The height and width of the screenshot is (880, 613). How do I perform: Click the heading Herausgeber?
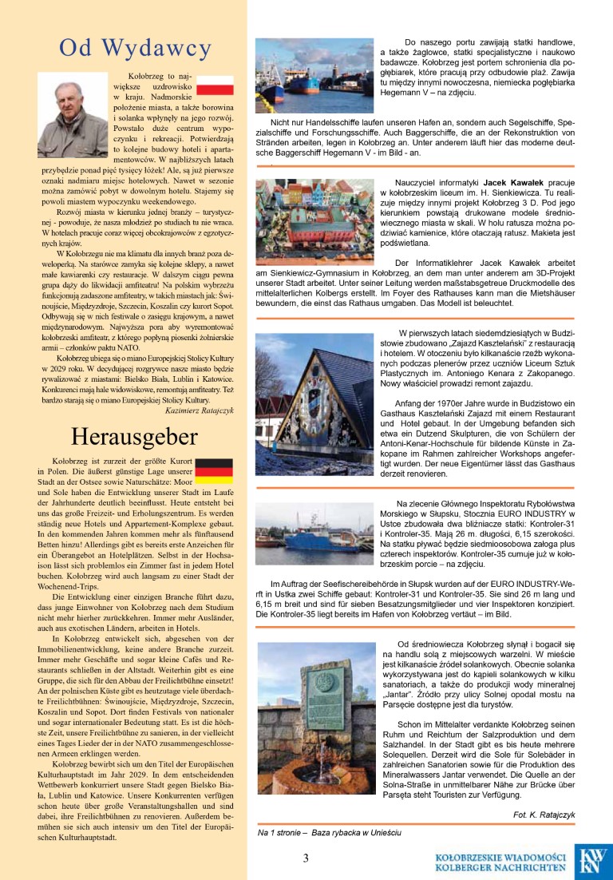(124, 437)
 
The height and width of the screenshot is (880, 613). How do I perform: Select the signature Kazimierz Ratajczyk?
(198, 410)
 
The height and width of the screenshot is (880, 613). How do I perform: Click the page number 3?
(306, 858)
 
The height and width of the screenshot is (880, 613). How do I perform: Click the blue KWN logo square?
(594, 861)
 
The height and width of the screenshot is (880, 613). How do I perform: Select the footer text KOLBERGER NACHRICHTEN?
(501, 867)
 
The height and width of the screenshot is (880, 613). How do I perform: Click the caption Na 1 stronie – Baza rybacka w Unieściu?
(329, 832)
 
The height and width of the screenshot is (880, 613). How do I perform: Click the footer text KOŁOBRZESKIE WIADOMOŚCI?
(501, 856)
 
